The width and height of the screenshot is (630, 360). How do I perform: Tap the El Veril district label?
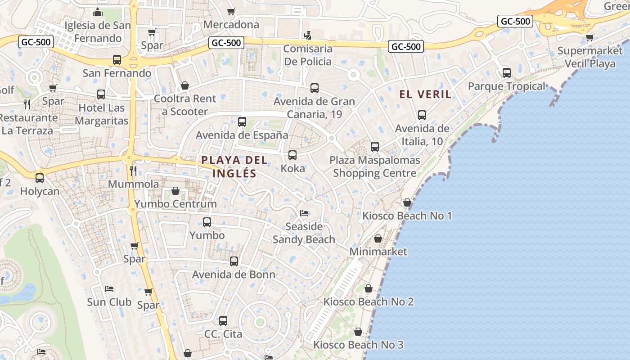[425, 94]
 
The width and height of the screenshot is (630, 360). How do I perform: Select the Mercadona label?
[231, 24]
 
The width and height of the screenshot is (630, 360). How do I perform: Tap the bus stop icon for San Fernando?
[117, 59]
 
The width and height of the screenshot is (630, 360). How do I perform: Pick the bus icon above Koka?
[292, 155]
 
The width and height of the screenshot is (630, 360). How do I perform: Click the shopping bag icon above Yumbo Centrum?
[175, 191]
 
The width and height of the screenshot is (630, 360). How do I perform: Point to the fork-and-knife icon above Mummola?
[133, 171]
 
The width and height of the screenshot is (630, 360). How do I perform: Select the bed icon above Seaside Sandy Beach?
[304, 213]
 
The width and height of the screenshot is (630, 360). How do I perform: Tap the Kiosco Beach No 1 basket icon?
[407, 202]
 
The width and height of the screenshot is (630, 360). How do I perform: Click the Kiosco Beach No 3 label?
[358, 345]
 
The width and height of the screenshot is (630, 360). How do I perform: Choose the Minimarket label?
[378, 252]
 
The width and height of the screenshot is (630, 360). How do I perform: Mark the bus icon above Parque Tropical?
[507, 72]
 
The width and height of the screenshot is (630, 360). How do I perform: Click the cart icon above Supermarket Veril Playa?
[589, 37]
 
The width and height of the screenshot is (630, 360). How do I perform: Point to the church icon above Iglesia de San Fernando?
[98, 12]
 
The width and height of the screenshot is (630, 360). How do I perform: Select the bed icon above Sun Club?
[109, 288]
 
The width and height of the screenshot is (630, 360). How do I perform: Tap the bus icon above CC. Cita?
[223, 321]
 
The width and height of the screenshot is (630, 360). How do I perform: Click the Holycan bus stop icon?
[40, 178]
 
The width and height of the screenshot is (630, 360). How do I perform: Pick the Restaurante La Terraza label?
[29, 124]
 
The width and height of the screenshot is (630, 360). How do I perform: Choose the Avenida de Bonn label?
[234, 274]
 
